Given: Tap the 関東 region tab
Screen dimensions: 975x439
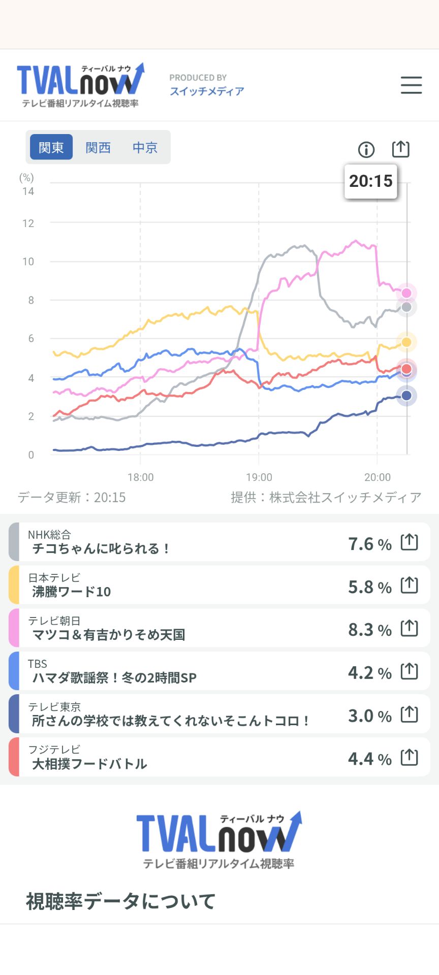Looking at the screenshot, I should (51, 147).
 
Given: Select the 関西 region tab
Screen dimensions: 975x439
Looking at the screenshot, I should (98, 147).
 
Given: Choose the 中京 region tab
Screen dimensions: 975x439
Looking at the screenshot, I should (145, 147).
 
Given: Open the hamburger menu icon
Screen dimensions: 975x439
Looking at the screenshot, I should (411, 85).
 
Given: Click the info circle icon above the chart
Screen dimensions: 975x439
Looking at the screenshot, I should (366, 149).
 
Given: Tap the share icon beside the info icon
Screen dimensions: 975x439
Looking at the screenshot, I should (400, 149).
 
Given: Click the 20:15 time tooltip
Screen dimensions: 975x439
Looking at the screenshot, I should (371, 181).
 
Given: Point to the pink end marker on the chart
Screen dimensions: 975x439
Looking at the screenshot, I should (406, 293).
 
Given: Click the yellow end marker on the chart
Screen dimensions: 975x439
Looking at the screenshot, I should (406, 342).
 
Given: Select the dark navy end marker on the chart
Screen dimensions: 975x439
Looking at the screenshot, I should (406, 396).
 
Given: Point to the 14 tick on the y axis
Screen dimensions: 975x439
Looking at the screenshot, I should (28, 191).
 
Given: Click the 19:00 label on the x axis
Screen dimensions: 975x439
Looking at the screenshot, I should (259, 477).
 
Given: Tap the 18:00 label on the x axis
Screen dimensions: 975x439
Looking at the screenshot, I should (141, 477).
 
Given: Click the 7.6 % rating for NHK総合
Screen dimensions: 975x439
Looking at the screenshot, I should (370, 544).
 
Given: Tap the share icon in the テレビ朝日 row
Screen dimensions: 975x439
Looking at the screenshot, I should (410, 629).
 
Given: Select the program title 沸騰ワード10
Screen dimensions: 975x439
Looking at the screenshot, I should (72, 592).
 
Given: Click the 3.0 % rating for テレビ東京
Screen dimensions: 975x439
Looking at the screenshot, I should (370, 716).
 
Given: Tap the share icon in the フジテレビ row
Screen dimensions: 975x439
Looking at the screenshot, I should (410, 758).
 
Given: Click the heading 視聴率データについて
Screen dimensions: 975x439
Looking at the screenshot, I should (121, 901).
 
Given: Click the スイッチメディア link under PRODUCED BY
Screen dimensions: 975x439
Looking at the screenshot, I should (207, 91).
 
